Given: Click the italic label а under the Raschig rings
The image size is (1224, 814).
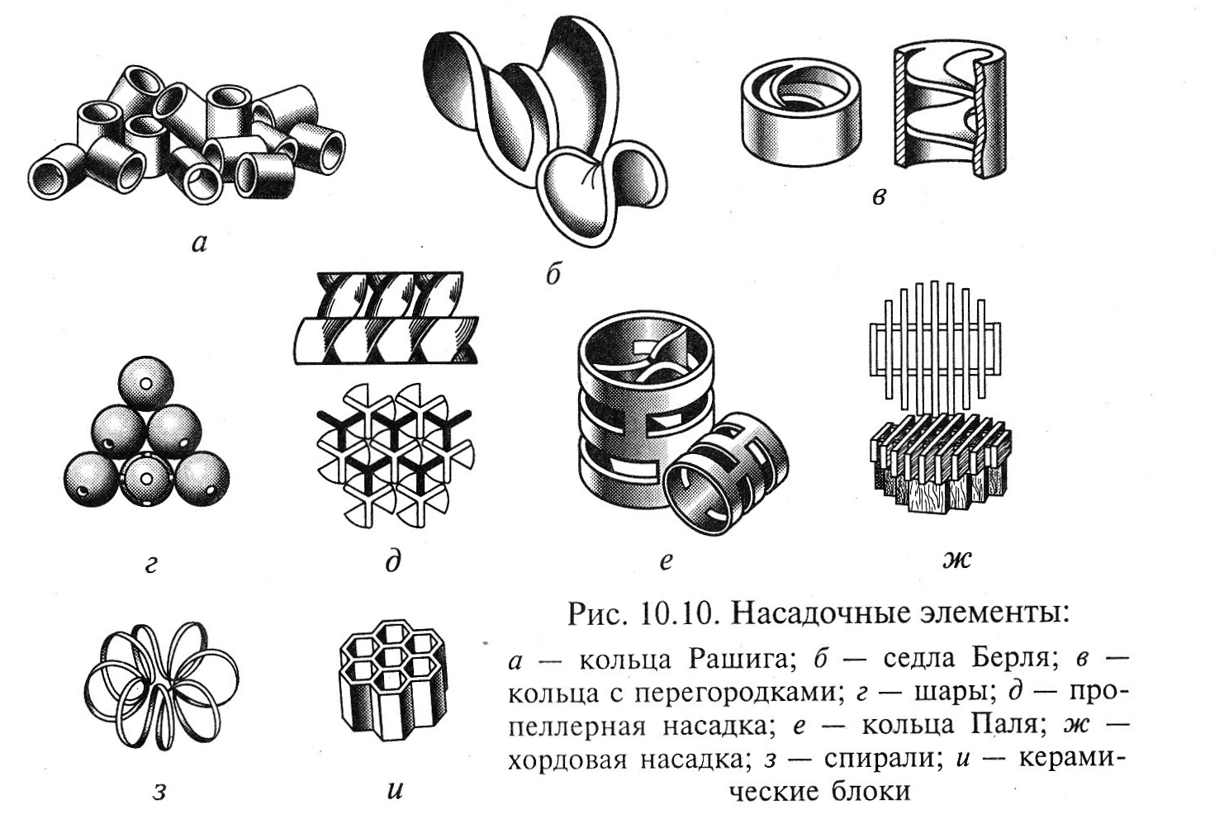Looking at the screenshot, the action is (199, 244).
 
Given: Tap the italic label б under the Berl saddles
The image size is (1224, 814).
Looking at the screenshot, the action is (553, 274).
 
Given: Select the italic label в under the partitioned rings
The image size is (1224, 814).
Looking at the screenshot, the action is (878, 196).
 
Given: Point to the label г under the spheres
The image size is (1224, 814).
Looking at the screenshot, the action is (151, 565).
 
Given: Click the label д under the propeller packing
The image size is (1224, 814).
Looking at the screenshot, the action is (392, 561).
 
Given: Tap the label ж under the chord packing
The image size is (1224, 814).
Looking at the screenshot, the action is (957, 558).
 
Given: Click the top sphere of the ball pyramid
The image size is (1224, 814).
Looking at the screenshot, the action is (146, 384).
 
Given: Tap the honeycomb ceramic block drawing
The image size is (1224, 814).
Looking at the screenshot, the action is (392, 681).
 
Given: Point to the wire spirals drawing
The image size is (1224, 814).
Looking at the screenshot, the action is (162, 686).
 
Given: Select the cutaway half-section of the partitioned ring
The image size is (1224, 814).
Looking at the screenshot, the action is (951, 109).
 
